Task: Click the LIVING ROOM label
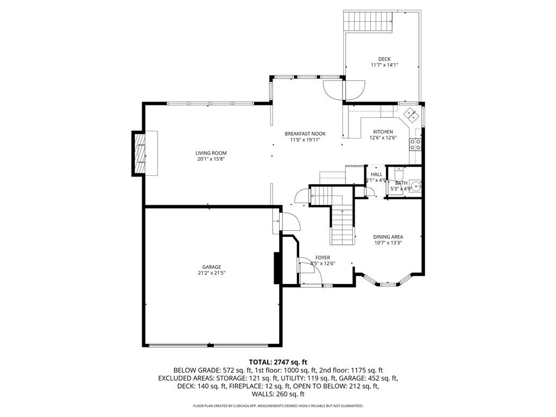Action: pos(211,153)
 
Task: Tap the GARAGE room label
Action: pos(212,267)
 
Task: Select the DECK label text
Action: pos(384,59)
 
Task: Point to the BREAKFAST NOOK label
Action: pos(305,134)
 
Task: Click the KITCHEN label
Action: pos(383,132)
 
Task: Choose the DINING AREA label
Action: pos(388,237)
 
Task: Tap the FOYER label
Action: pos(323,257)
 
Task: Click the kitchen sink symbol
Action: pos(412,115)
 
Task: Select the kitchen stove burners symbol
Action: pos(415,144)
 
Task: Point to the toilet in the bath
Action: pos(397,173)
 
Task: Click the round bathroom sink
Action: pos(415,185)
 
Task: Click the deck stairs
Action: pos(369,21)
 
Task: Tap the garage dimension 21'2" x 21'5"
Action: pos(212,273)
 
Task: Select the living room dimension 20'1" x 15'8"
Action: pos(211,159)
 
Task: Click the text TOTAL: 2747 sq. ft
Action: pos(278,362)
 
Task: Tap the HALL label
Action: pos(377,174)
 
